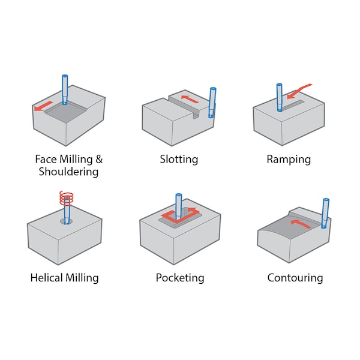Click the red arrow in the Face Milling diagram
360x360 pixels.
click(43, 106)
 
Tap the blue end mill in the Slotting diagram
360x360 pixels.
click(212, 103)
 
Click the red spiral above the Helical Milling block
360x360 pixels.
click(67, 198)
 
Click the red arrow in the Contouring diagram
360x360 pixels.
click(301, 224)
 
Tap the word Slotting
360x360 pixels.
click(179, 160)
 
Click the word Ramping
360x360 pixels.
click(289, 160)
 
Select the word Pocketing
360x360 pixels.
click(180, 278)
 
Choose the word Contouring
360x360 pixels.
click(295, 278)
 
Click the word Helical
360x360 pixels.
click(47, 278)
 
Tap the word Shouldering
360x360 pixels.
click(68, 172)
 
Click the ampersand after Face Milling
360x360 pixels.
click(99, 159)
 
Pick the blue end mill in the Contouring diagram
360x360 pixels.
click(325, 213)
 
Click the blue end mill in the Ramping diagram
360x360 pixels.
click(280, 98)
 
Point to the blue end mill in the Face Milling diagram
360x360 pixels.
click(65, 89)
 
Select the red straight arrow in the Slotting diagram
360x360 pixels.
click(190, 99)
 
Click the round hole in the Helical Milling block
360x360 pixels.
click(66, 221)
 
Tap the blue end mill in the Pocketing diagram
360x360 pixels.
click(178, 207)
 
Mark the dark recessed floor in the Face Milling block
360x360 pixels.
click(65, 113)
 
